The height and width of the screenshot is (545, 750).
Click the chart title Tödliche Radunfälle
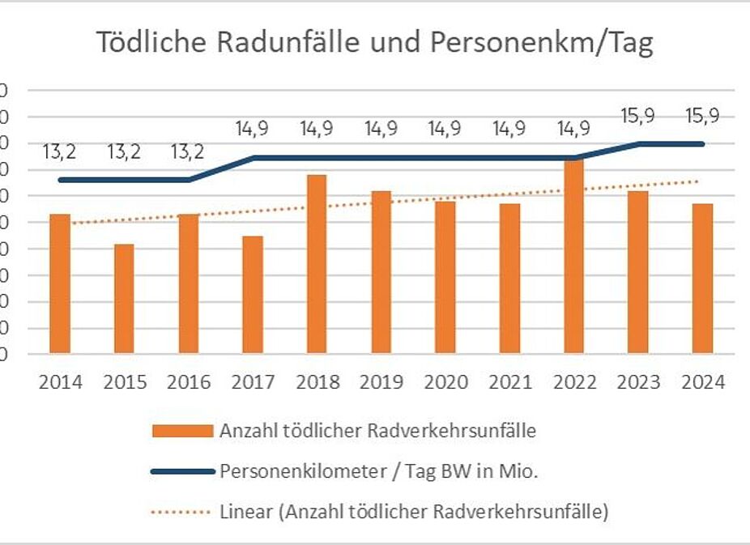[x=374, y=43]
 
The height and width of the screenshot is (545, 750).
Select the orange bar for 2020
[x=445, y=277]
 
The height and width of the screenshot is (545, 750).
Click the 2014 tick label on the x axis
[x=61, y=381]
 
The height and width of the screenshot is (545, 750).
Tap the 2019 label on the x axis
[x=381, y=381]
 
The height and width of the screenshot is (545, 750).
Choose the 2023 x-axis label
[x=638, y=381]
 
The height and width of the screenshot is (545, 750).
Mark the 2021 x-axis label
[x=509, y=381]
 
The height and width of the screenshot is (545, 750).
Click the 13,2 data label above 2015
[x=124, y=151]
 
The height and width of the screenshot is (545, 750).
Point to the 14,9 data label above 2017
[x=253, y=128]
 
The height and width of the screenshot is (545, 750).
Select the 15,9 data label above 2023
[x=638, y=115]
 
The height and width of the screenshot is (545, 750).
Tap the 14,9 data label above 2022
[x=574, y=128]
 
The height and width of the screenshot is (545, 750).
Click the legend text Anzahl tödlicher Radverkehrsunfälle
[x=377, y=431]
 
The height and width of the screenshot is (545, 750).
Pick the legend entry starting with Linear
[x=413, y=512]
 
